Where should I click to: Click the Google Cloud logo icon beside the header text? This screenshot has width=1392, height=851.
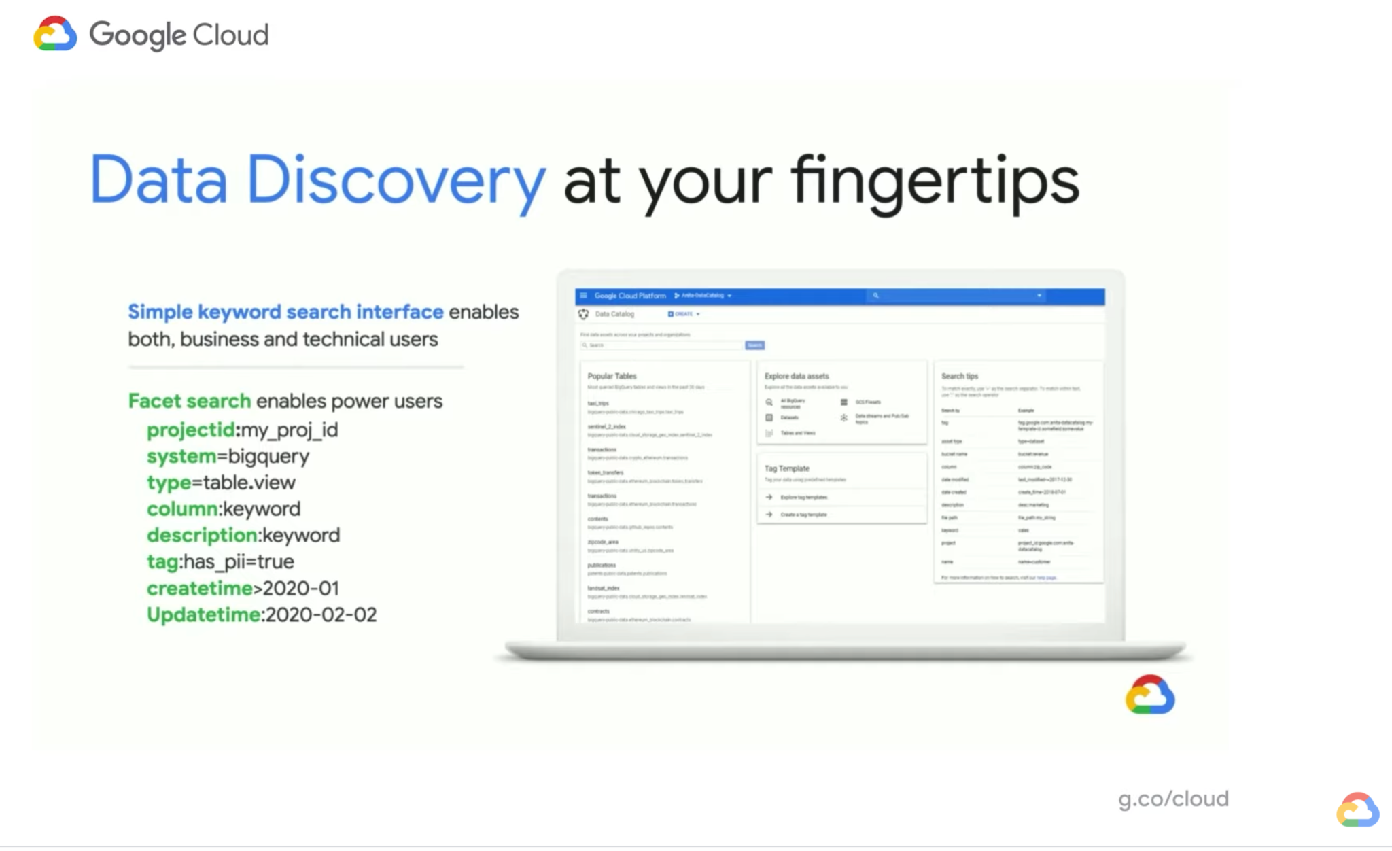pos(55,34)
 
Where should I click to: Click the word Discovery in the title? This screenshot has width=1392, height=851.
pos(396,180)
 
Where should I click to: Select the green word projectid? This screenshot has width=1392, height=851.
pos(190,430)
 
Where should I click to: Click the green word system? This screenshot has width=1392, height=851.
pos(181,456)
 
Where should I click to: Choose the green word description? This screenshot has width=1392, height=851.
pos(202,536)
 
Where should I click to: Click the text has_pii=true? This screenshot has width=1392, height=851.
pos(239,562)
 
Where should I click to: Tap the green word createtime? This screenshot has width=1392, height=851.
pos(200,589)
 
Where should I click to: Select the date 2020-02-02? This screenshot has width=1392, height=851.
pos(321,615)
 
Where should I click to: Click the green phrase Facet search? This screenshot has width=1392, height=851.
pos(189,401)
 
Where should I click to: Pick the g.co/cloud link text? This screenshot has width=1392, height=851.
pos(1173,799)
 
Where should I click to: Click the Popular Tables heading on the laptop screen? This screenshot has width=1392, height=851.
pos(612,376)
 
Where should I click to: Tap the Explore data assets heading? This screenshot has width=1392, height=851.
pos(797,376)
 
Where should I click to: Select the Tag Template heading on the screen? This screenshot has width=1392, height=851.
pos(786,468)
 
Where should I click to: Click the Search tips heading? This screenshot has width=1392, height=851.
pos(959,376)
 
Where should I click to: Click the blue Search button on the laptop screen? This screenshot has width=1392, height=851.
pos(754,345)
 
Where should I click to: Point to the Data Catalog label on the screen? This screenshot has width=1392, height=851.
pos(614,314)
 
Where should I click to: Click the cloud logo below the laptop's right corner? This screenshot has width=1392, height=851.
pos(1149,695)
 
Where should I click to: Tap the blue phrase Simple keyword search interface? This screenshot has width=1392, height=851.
pos(285,312)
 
